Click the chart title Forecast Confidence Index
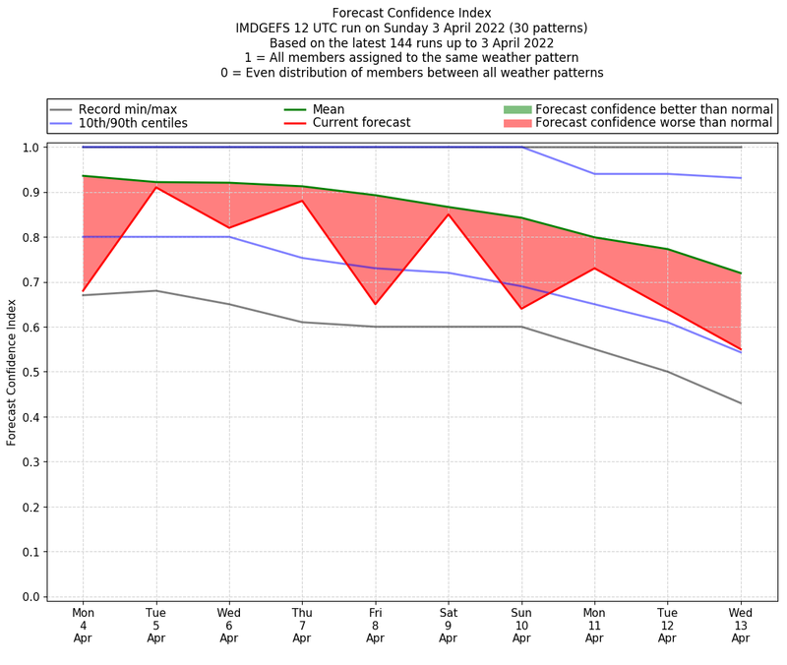411,13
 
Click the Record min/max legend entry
128,109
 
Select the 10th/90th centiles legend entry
133,123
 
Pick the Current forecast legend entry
361,123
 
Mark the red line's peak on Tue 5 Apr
156,188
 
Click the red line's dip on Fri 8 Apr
375,304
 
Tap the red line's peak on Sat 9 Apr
449,214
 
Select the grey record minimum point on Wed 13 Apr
741,403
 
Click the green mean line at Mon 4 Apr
84,176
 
